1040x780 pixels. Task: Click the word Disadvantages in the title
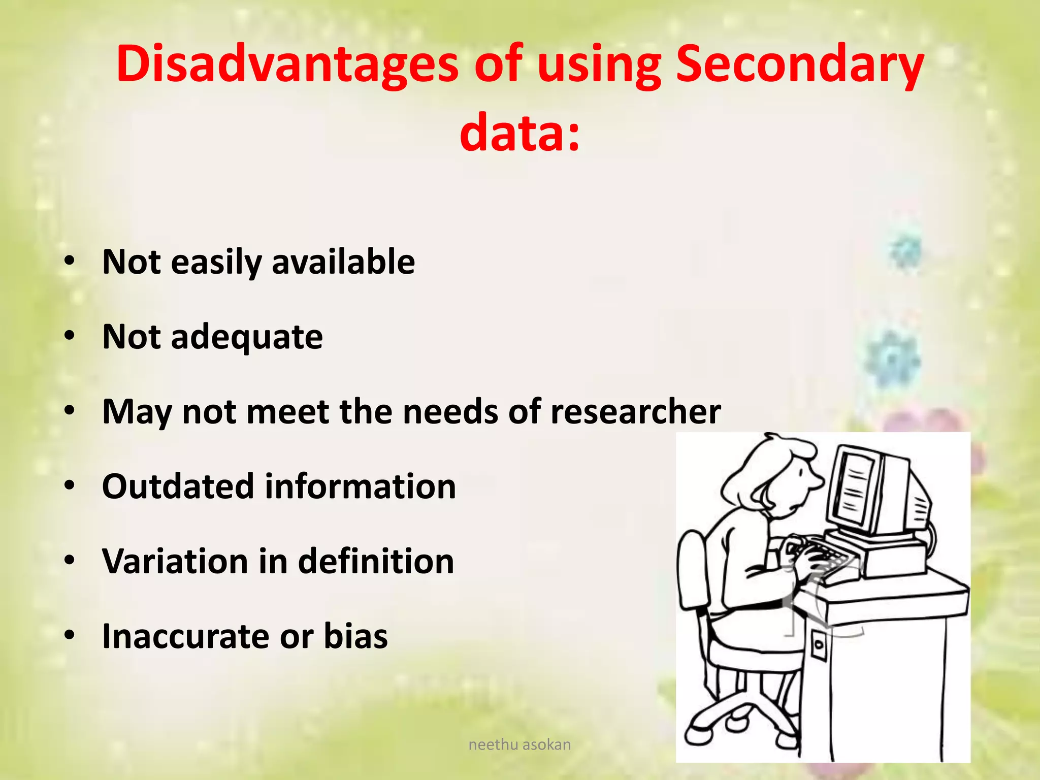tap(287, 65)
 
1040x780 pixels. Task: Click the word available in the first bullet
tap(343, 262)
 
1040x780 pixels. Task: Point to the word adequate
tap(247, 337)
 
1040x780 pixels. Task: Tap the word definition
tap(376, 561)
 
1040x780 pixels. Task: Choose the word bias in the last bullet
tap(355, 636)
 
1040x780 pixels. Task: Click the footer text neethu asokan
tap(519, 744)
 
